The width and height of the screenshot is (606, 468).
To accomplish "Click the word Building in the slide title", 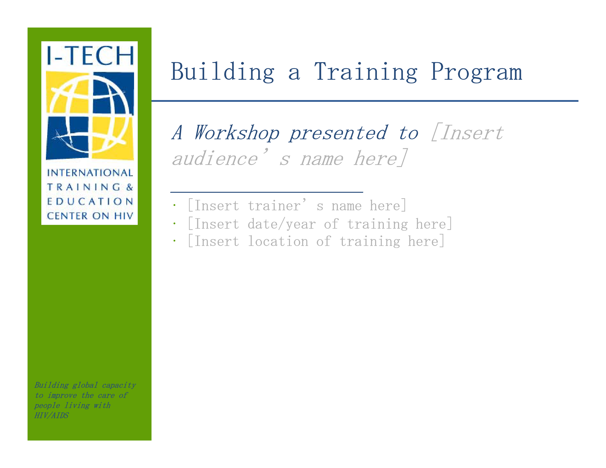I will click(x=223, y=72).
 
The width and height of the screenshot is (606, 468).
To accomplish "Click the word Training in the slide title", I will click(x=366, y=72).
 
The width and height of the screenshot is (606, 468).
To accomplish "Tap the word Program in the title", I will click(x=476, y=72).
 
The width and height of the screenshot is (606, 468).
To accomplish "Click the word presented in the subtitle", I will click(x=338, y=133).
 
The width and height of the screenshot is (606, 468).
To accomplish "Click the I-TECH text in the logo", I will click(x=90, y=55).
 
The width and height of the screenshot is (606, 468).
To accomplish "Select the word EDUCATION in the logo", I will click(x=90, y=202).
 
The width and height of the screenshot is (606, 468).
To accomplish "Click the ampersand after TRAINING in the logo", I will click(x=130, y=187).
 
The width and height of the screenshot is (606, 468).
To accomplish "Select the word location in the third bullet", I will click(x=278, y=241).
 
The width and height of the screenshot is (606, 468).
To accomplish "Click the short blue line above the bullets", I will click(x=266, y=192).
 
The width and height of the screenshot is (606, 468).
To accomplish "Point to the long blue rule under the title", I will click(x=365, y=101).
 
